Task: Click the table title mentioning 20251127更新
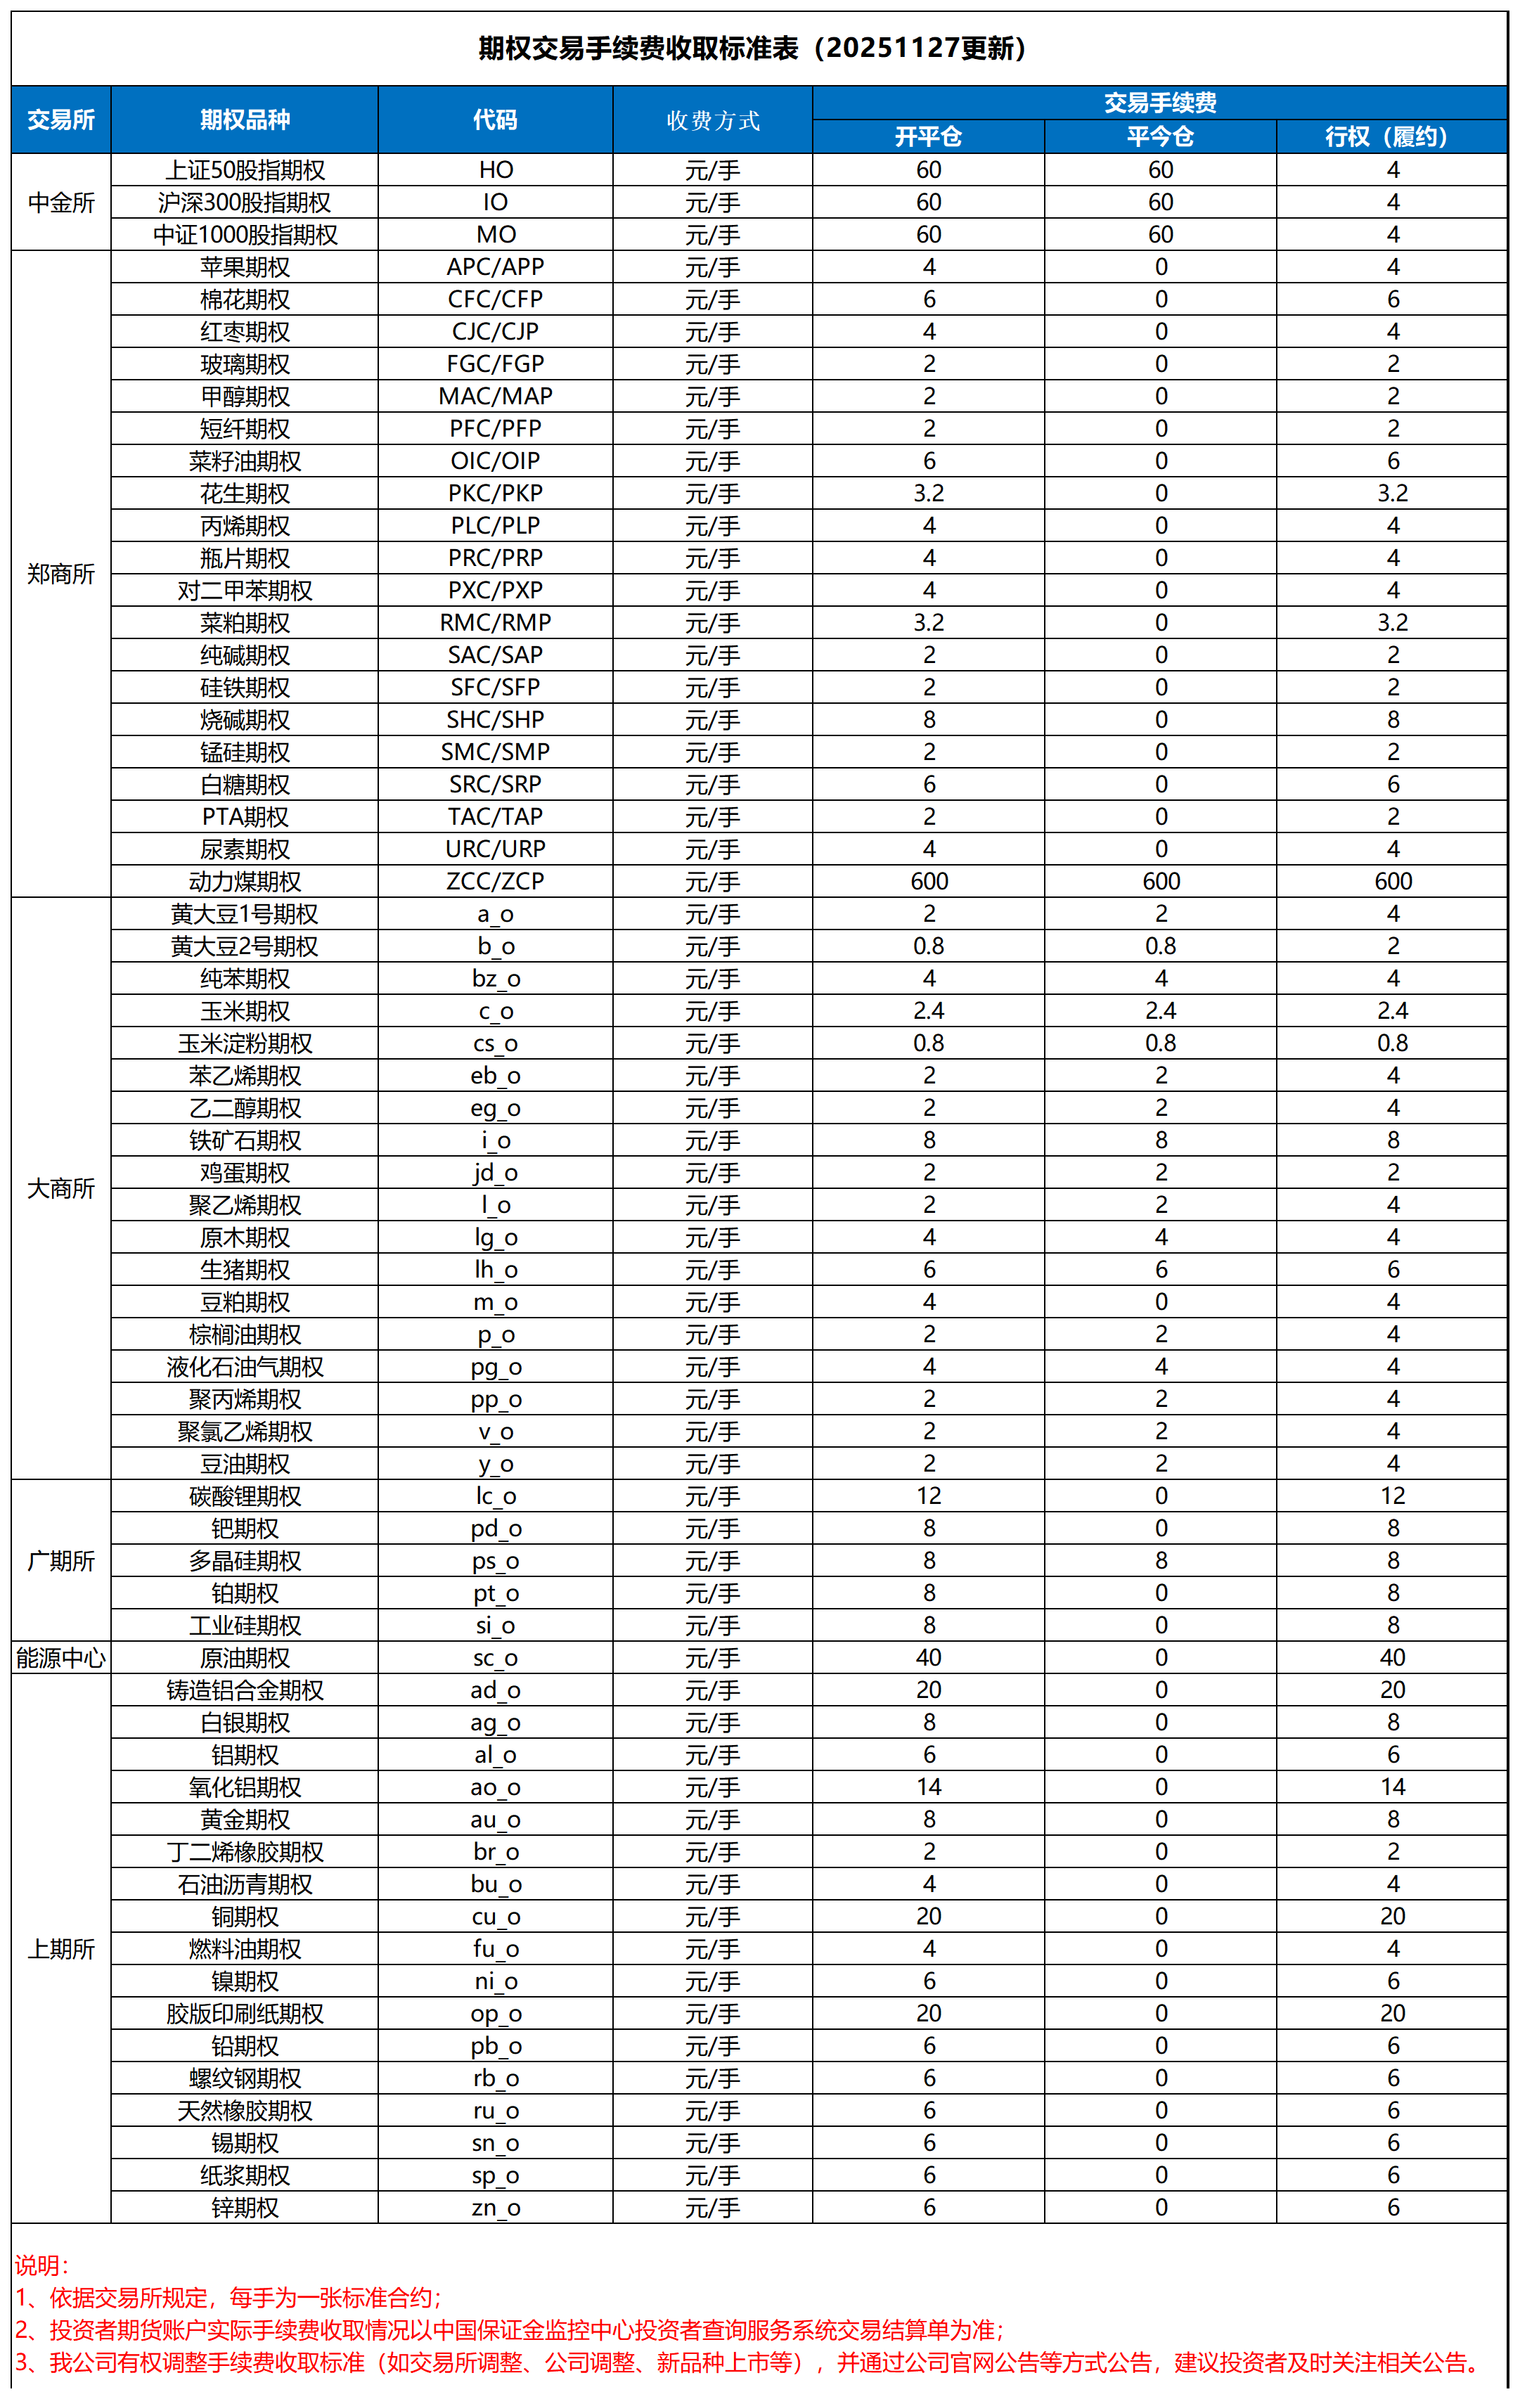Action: coord(752,48)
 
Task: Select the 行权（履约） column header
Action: coord(1391,136)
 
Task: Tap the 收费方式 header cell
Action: coord(712,120)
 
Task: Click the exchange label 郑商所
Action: coord(60,574)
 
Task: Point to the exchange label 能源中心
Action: coord(60,1658)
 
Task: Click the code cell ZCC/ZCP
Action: coord(495,882)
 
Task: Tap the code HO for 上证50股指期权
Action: coord(495,170)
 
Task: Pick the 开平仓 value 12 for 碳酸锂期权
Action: coord(928,1496)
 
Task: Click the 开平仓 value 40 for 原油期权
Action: coord(928,1658)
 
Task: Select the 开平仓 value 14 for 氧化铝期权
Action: coord(928,1787)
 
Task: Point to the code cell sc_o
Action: coord(495,1658)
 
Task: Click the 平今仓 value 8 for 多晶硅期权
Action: coord(1161,1561)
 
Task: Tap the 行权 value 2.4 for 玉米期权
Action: coord(1391,1011)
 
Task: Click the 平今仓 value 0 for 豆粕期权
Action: coord(1161,1302)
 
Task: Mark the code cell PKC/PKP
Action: coord(495,493)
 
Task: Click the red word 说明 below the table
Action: coord(40,2265)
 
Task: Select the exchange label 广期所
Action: coord(60,1561)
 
